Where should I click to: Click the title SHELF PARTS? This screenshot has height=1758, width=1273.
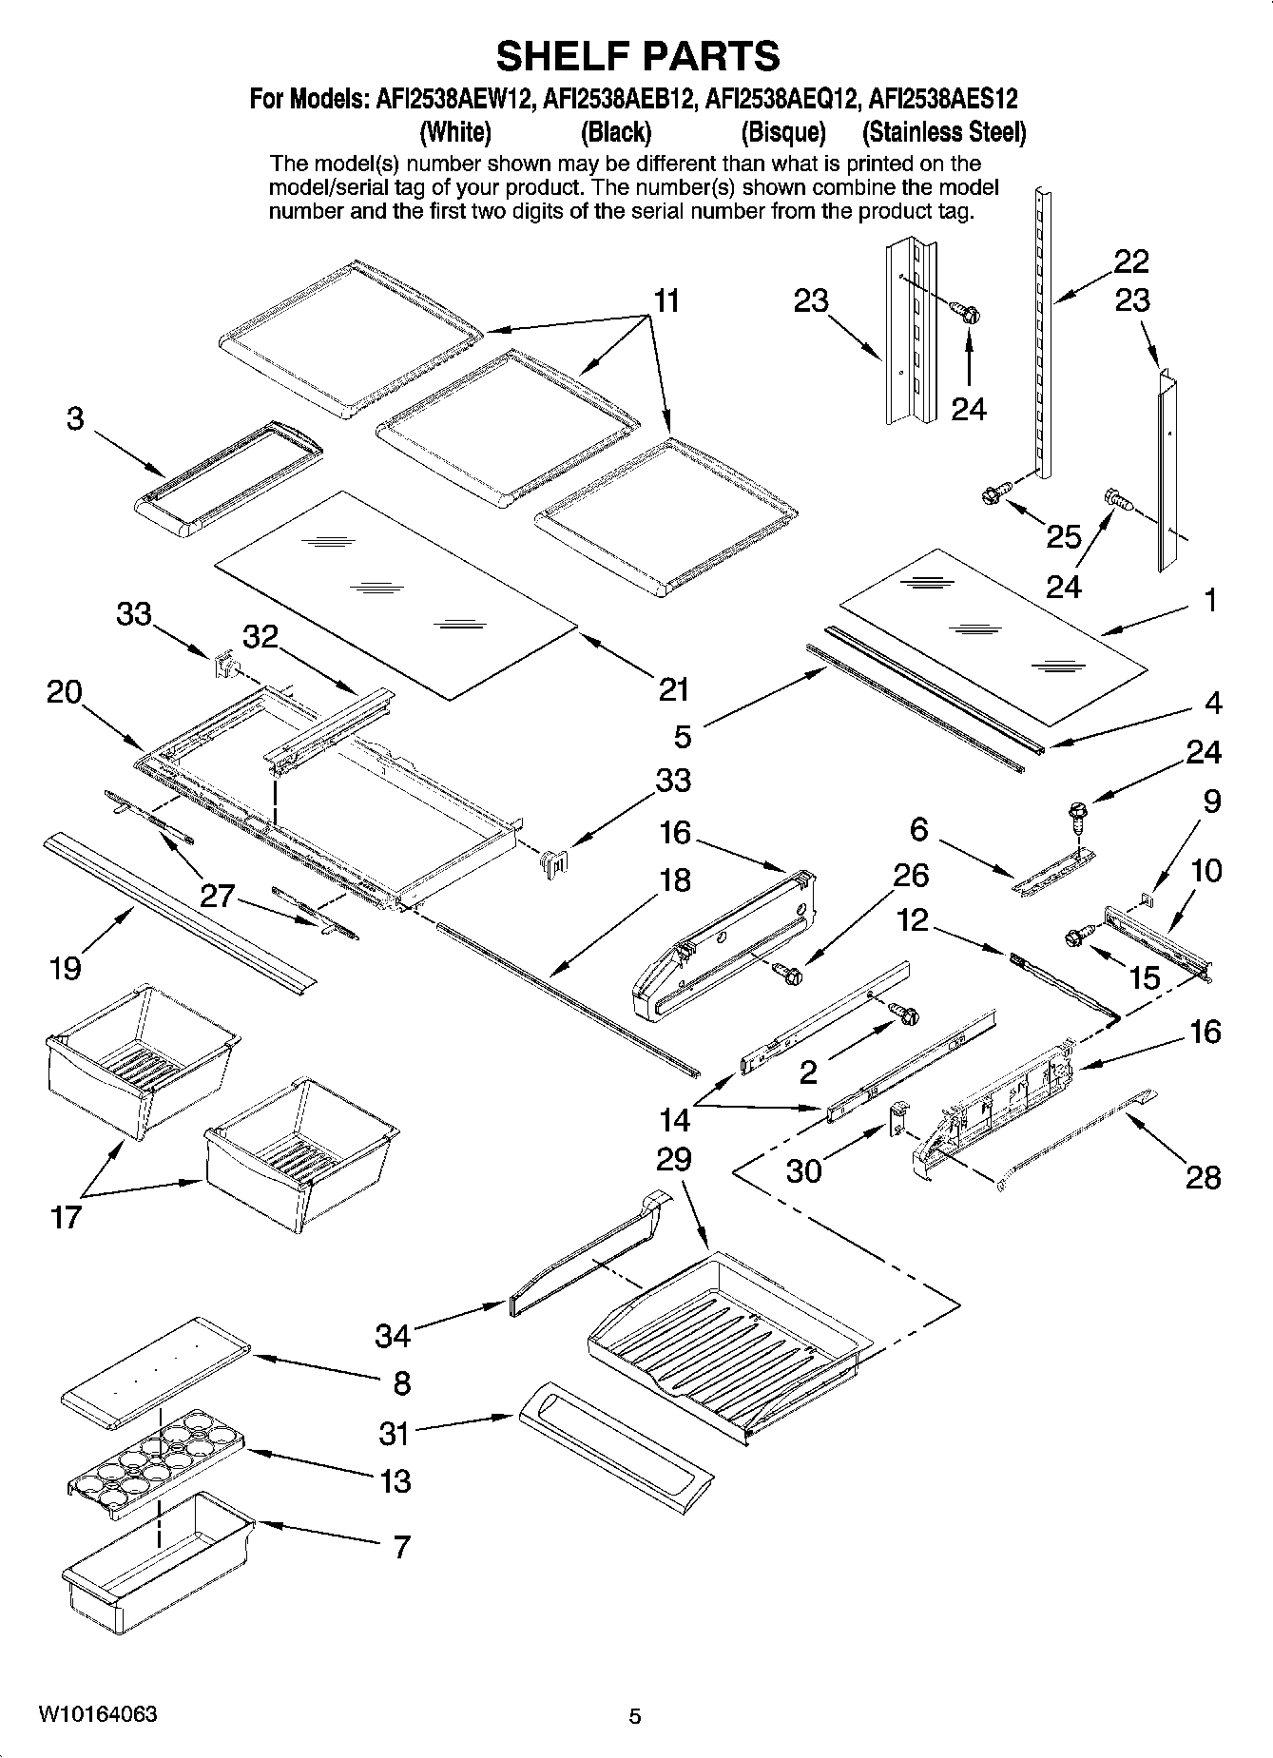pos(637,56)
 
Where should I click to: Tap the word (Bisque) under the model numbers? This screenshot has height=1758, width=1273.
pos(782,131)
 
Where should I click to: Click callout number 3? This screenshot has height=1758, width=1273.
pos(75,418)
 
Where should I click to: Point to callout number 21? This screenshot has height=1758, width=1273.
pos(673,688)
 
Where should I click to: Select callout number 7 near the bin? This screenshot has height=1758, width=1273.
pos(401,1547)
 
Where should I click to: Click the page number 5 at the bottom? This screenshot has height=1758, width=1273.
pos(635,1717)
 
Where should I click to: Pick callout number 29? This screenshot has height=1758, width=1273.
pos(673,1159)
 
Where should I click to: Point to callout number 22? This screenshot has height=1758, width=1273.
pos(1131,261)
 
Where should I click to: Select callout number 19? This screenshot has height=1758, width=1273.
pos(66,968)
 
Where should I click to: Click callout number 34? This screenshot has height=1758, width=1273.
pos(392,1336)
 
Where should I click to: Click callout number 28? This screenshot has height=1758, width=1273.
pos(1203,1177)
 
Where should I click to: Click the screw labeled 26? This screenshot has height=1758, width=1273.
pos(787,972)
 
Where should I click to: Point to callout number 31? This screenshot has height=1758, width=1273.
pos(394,1433)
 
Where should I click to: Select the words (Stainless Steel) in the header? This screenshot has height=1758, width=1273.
pos(943,131)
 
